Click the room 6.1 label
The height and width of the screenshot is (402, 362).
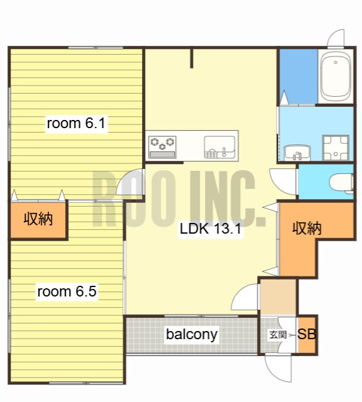tap(76, 123)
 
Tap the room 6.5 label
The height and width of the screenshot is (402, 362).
tap(67, 291)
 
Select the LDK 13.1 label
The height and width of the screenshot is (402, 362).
tap(211, 229)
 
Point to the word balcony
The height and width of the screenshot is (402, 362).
tap(192, 334)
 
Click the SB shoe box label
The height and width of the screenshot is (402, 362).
tap(307, 334)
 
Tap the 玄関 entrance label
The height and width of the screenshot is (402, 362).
tap(278, 335)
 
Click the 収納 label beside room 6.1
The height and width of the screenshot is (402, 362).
tap(38, 219)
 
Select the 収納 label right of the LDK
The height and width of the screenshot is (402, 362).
tap(307, 229)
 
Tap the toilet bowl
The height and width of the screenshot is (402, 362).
tap(341, 183)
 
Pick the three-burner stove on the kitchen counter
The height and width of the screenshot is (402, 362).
tap(162, 147)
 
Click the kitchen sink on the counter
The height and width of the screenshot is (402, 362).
tap(219, 147)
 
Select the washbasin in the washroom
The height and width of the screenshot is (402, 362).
tap(297, 153)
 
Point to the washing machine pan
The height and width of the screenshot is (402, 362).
tap(336, 148)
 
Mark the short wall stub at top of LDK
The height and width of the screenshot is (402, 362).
tap(192, 58)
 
